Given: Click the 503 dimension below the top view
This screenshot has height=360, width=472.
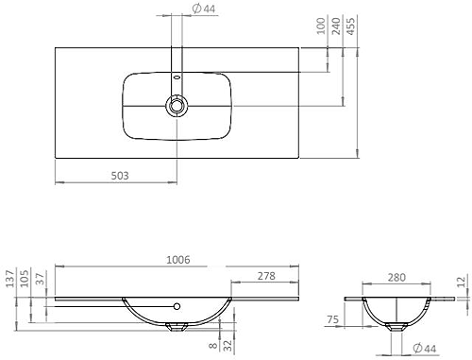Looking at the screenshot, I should [118, 176].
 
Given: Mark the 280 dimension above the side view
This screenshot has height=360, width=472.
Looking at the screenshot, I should [397, 279].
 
